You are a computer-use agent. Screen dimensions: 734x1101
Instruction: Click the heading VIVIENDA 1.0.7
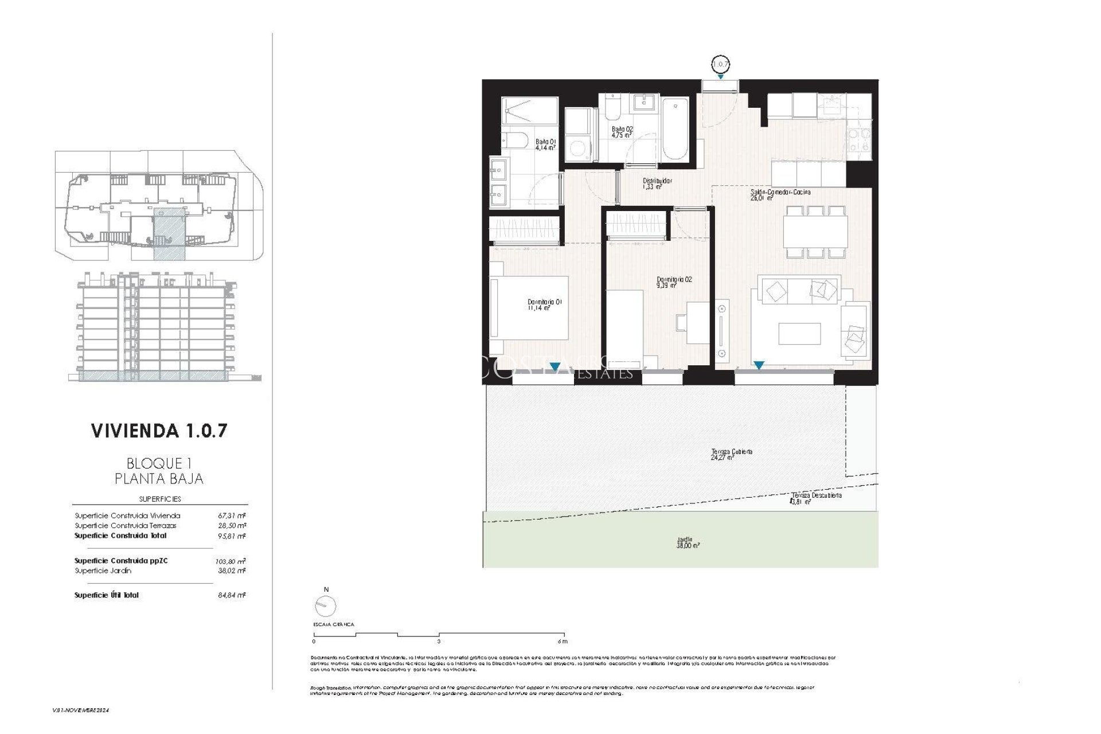click(159, 431)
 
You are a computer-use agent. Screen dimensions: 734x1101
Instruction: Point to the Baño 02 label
click(622, 132)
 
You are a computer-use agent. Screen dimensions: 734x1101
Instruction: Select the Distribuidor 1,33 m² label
click(657, 183)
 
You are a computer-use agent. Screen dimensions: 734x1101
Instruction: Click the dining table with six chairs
click(815, 231)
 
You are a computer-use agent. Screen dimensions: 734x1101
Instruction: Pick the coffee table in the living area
click(799, 334)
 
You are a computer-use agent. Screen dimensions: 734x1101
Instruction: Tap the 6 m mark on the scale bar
click(563, 642)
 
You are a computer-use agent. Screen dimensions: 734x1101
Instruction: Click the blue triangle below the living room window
click(759, 365)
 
